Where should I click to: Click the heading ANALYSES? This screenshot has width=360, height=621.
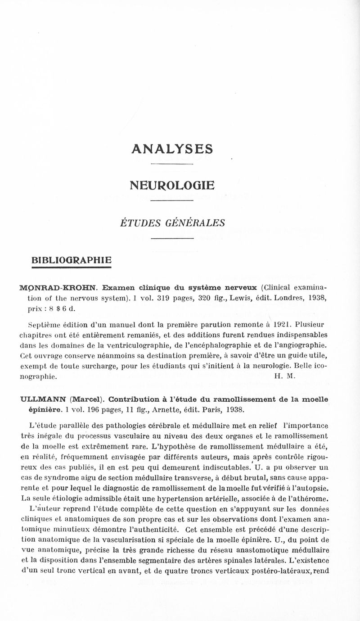tap(171, 149)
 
